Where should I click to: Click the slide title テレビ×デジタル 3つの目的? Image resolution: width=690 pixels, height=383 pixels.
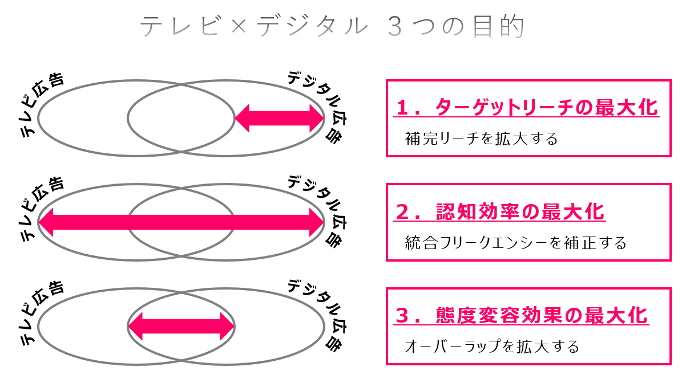(332, 27)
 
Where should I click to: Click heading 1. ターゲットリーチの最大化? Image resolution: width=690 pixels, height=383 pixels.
(526, 107)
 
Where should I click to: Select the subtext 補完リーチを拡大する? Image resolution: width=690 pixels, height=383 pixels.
(481, 138)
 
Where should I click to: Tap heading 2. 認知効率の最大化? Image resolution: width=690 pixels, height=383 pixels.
(500, 212)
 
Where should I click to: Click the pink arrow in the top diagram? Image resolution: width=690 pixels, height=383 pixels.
(280, 118)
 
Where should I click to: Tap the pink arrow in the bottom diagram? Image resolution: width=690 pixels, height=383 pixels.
(181, 326)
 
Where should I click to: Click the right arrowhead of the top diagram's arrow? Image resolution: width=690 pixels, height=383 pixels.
(316, 118)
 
